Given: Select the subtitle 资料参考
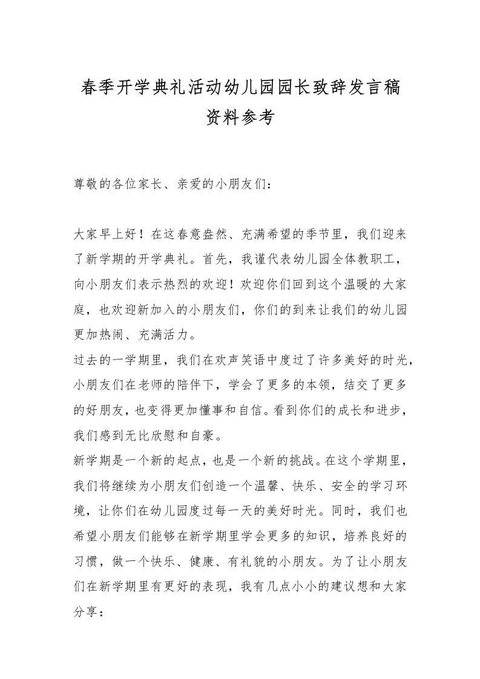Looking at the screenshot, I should pyautogui.click(x=240, y=118).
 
